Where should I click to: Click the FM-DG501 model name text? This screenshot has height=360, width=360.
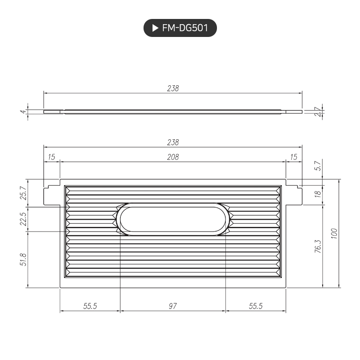185,28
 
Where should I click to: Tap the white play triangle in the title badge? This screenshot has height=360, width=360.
155,28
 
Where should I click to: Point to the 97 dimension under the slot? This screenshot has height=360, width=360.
173,306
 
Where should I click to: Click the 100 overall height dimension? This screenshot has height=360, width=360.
333,233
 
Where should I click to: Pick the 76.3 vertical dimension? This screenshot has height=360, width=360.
318,246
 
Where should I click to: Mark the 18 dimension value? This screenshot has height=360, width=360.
318,192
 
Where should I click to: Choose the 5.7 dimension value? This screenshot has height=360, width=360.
318,166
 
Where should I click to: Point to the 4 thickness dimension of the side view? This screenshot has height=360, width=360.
22,112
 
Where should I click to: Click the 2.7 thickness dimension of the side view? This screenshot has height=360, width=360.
318,112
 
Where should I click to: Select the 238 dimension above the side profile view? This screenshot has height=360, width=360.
173,88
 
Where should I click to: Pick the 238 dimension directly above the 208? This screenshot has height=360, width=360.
173,142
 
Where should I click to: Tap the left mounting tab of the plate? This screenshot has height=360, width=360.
52,195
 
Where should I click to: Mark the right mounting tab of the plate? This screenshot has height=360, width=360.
294,195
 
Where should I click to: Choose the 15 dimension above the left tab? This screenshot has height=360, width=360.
52,157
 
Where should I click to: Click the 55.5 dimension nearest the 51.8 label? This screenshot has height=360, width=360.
90,306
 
